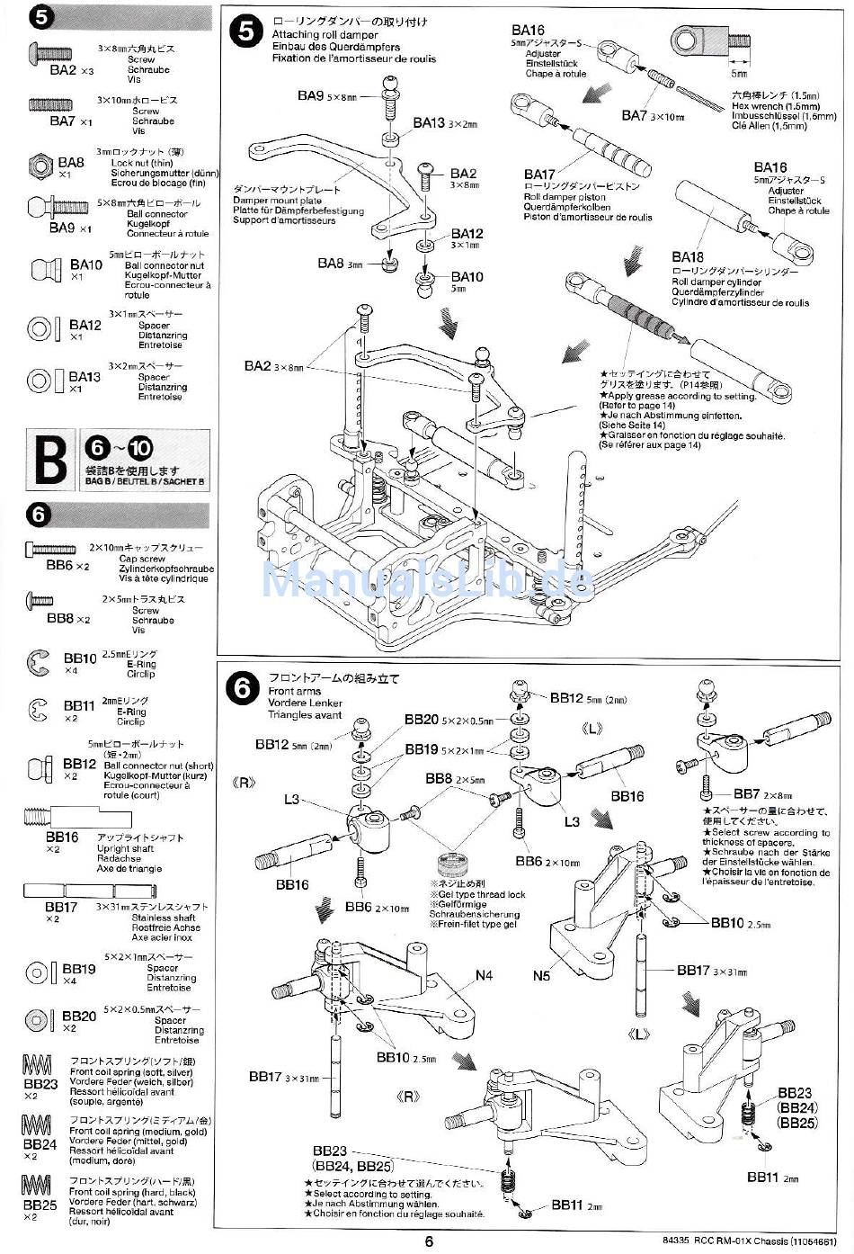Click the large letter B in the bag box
pyautogui.click(x=49, y=459)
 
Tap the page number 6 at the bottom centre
pyautogui.click(x=429, y=1241)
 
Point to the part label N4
pyautogui.click(x=484, y=975)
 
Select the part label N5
pyautogui.click(x=541, y=975)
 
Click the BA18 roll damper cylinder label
pyautogui.click(x=688, y=257)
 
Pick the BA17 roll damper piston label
pyautogui.click(x=539, y=175)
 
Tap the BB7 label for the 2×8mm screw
pyautogui.click(x=748, y=793)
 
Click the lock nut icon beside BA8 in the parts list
pyautogui.click(x=40, y=166)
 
